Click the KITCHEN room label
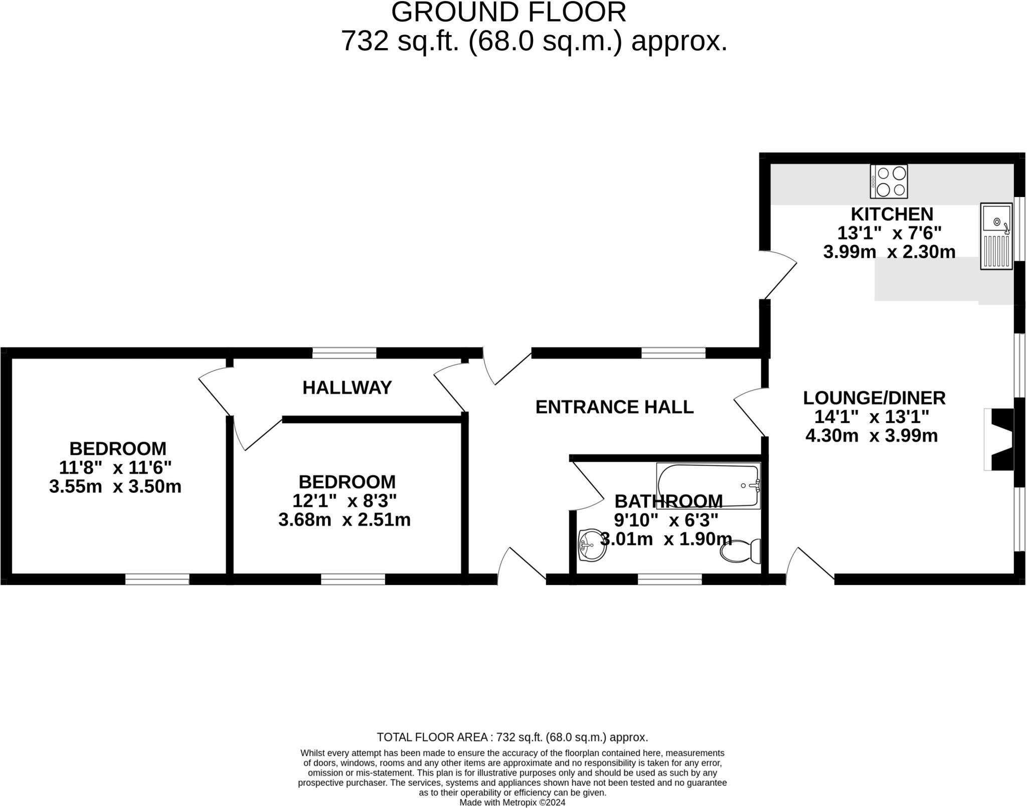[892, 215]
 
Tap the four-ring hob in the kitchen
[889, 181]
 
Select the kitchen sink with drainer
[996, 236]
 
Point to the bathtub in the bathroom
[708, 486]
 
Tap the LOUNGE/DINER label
[874, 398]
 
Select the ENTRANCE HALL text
[614, 407]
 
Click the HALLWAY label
[347, 387]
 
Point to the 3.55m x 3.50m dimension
[115, 486]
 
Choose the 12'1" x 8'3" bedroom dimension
[345, 500]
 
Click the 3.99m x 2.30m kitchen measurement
[889, 252]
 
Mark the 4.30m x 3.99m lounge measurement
[872, 436]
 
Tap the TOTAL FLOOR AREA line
[512, 737]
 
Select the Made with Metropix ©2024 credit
[512, 802]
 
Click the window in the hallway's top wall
[344, 353]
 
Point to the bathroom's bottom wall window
[669, 579]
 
